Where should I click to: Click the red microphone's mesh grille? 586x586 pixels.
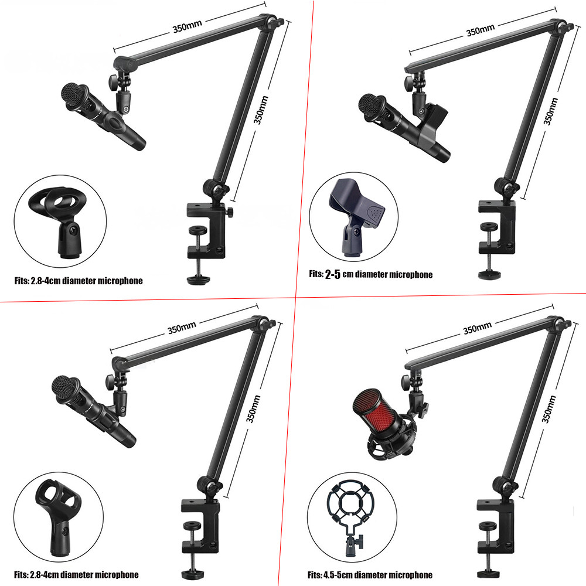pyautogui.click(x=372, y=410)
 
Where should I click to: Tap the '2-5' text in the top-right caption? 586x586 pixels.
pyautogui.click(x=333, y=275)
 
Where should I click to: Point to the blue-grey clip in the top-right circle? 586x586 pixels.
pyautogui.click(x=356, y=217)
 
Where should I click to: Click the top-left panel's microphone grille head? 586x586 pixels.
pyautogui.click(x=75, y=96)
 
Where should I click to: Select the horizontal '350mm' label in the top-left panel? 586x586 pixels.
pyautogui.click(x=188, y=26)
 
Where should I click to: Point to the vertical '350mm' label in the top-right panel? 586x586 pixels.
pyautogui.click(x=550, y=111)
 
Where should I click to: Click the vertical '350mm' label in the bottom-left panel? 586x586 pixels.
pyautogui.click(x=253, y=409)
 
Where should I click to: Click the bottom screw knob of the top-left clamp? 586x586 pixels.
pyautogui.click(x=197, y=279)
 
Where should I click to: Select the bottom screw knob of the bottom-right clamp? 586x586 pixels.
pyautogui.click(x=488, y=573)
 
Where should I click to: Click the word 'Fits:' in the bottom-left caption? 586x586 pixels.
pyautogui.click(x=21, y=574)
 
